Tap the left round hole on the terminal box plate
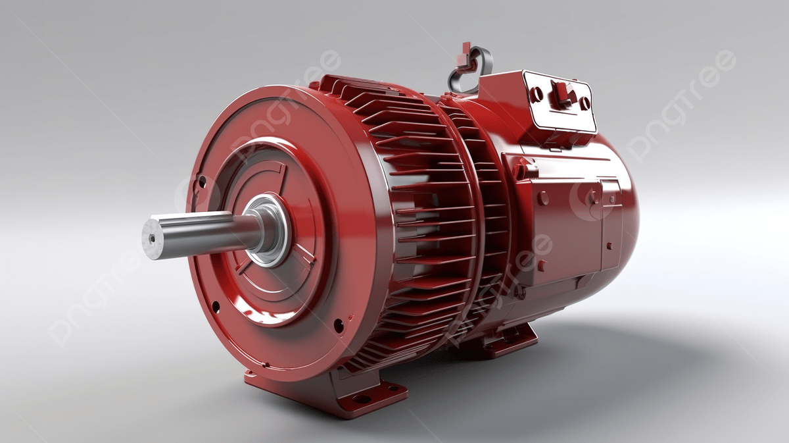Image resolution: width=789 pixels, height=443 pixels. click(536, 94)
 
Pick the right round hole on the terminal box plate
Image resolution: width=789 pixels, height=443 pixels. click(584, 103)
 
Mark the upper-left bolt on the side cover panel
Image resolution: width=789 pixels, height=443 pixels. click(543, 198)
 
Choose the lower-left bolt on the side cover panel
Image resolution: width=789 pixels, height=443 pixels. click(542, 265)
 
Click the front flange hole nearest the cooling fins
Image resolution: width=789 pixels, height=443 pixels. click(339, 325)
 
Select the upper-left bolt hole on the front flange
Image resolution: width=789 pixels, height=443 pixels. click(202, 181)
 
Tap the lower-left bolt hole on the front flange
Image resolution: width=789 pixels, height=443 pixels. click(215, 305)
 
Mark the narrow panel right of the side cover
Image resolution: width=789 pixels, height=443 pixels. click(611, 224)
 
